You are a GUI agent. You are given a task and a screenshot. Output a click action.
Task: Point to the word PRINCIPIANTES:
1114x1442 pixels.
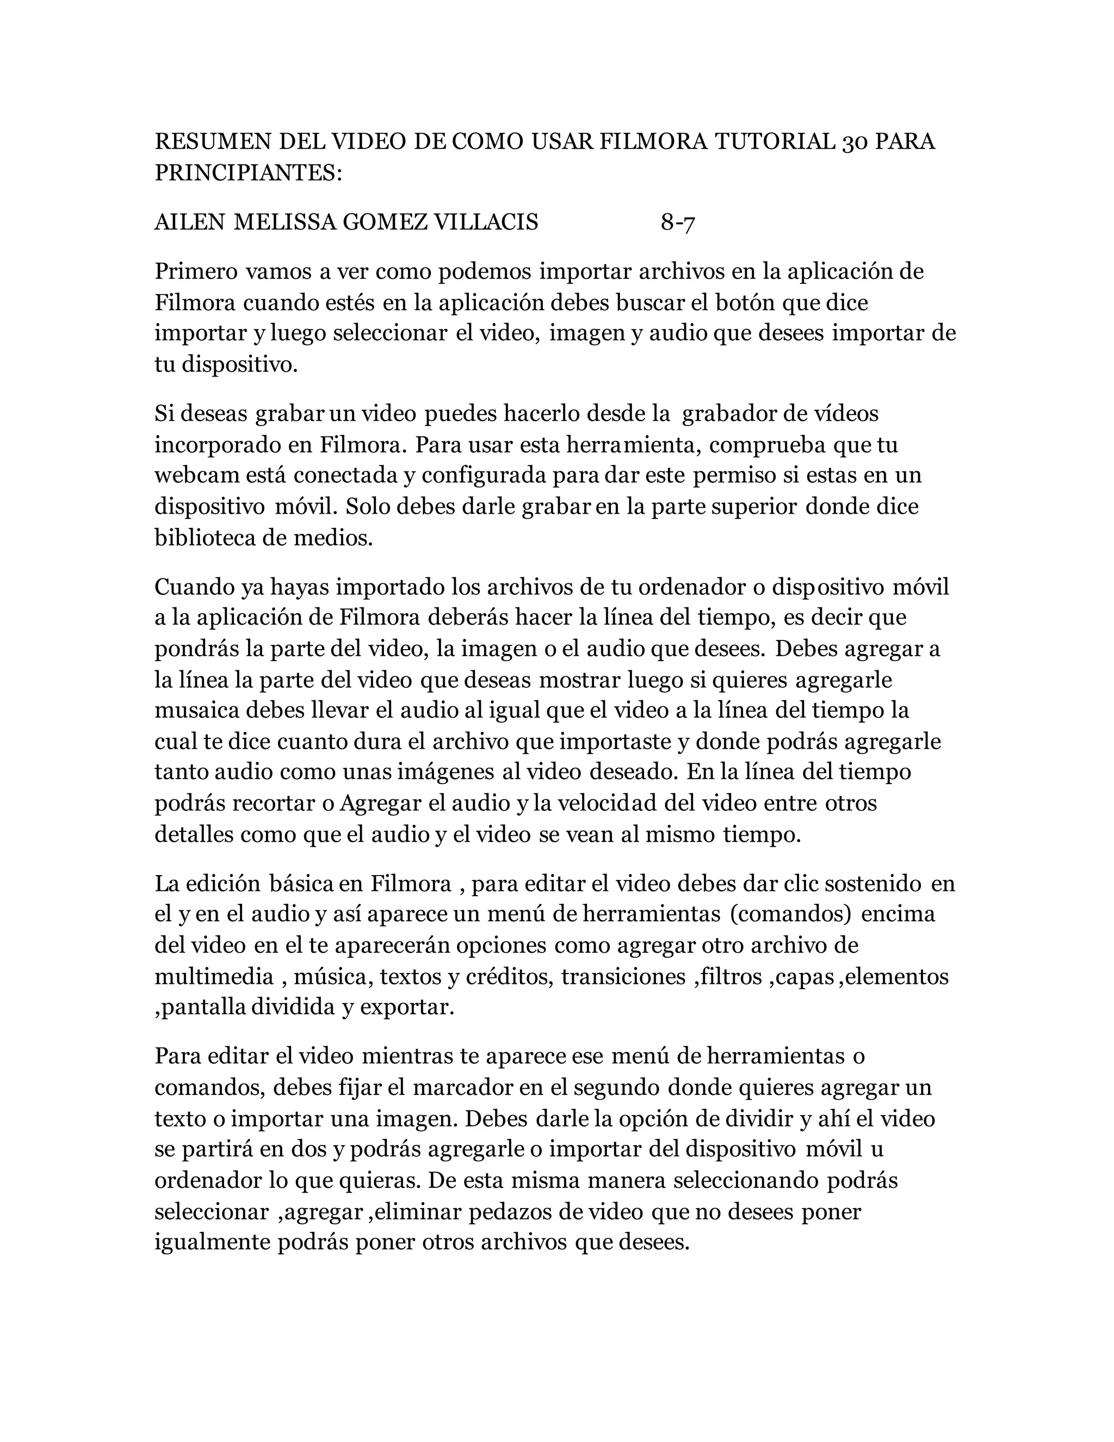click(249, 172)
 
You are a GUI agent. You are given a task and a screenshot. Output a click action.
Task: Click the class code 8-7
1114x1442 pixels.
click(678, 223)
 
